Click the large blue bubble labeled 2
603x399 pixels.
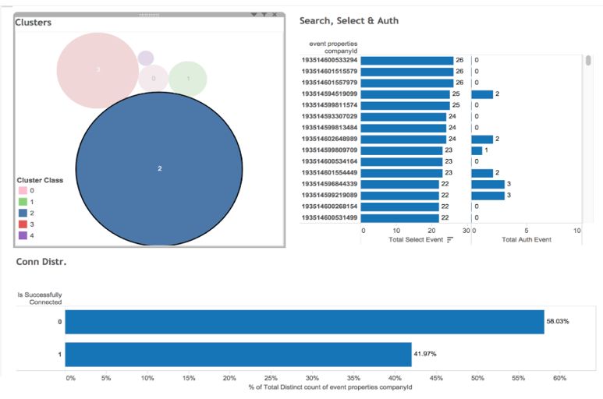pos(159,168)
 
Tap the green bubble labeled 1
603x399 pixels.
pos(188,79)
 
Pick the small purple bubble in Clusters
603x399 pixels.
pos(146,58)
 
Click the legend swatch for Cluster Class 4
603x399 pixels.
pos(23,235)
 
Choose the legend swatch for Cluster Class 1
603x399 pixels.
pos(23,201)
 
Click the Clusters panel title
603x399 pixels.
pos(34,23)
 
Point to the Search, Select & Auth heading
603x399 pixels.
pos(349,20)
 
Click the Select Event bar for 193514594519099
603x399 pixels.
pos(406,94)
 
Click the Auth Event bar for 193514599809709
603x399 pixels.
pos(477,150)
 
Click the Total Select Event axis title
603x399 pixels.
pos(416,239)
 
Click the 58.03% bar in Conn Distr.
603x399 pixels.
pos(304,322)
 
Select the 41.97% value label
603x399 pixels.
pos(424,355)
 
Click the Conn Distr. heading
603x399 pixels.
pos(41,261)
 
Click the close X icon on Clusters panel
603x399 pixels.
pos(275,14)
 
